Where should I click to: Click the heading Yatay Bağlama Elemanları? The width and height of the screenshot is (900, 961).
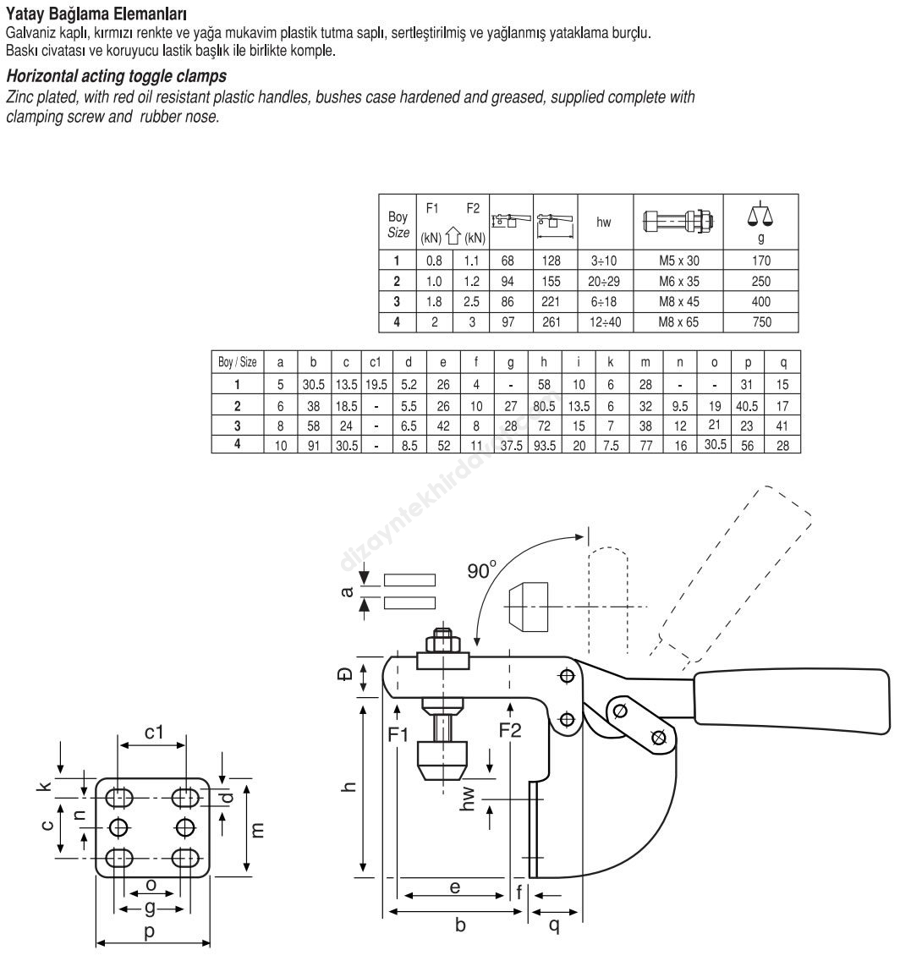click(96, 14)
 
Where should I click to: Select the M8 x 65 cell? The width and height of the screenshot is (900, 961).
click(679, 322)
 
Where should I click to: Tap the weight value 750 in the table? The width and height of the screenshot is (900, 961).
click(761, 322)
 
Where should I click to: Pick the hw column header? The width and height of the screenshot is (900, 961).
click(603, 222)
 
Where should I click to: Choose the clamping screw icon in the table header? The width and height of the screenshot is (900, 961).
click(678, 221)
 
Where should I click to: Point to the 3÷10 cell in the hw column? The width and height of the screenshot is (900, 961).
click(604, 261)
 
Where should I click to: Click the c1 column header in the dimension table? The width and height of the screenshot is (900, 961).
click(375, 362)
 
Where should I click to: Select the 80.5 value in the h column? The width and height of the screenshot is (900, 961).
click(544, 406)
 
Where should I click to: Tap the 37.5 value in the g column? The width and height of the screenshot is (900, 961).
click(512, 446)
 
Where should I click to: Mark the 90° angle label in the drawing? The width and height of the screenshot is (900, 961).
click(482, 570)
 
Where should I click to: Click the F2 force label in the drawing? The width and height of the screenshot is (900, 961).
click(510, 731)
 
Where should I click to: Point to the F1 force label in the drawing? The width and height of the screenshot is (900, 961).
click(398, 733)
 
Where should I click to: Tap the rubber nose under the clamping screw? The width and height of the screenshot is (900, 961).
click(442, 761)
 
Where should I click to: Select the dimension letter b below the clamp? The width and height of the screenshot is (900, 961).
click(460, 925)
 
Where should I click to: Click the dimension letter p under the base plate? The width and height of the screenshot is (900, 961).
click(149, 932)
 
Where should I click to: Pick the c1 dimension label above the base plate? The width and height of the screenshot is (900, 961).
click(154, 732)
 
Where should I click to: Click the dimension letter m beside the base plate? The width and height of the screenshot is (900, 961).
click(258, 830)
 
